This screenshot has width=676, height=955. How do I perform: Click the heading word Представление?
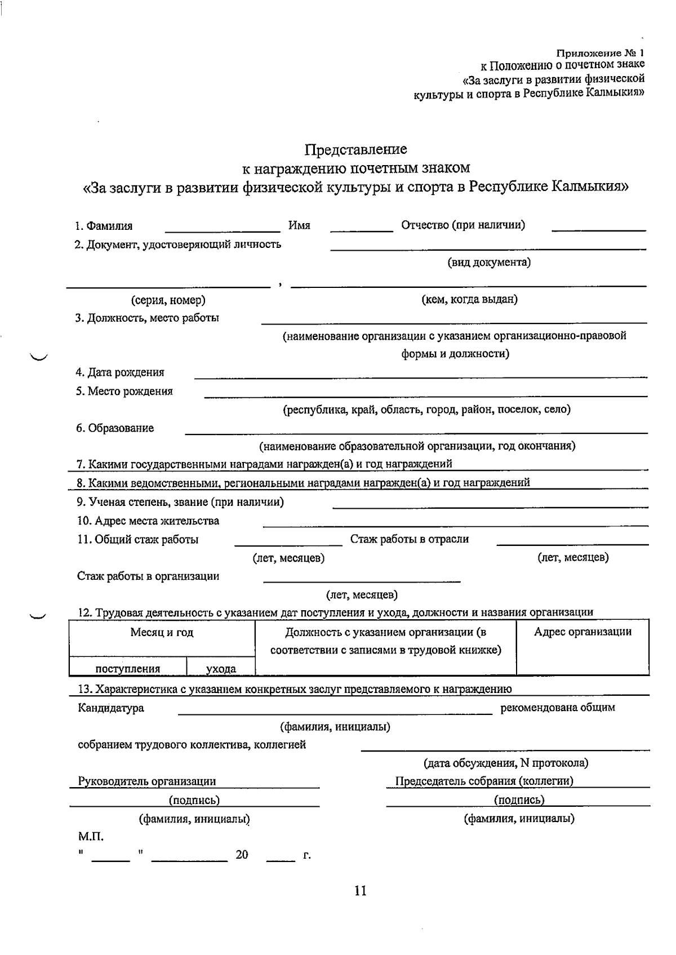tap(355, 150)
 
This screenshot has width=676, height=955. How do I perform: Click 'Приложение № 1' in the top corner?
tap(599, 54)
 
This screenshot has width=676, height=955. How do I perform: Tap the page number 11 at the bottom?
tap(361, 891)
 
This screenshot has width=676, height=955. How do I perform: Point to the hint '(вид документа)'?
tap(488, 263)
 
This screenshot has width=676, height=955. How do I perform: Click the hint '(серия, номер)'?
tap(168, 300)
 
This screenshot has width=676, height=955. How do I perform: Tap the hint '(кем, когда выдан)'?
tap(469, 299)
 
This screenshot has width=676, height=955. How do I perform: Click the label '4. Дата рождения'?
tap(120, 372)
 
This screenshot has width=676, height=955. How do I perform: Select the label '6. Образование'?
tap(115, 428)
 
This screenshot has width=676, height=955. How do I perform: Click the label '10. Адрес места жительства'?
tap(148, 521)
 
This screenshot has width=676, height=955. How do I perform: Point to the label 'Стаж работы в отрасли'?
tap(410, 539)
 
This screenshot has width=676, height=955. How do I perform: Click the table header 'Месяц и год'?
tap(162, 633)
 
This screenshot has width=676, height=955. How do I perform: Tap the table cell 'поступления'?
tap(128, 669)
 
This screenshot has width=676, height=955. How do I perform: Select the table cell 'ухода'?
tap(221, 669)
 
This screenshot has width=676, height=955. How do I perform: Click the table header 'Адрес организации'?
tap(582, 632)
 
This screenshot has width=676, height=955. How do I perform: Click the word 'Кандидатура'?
tap(110, 708)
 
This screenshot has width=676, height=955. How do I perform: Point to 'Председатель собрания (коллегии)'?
tap(484, 781)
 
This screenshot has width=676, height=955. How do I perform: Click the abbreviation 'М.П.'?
tap(90, 837)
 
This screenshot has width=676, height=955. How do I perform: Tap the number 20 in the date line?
tap(242, 855)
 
